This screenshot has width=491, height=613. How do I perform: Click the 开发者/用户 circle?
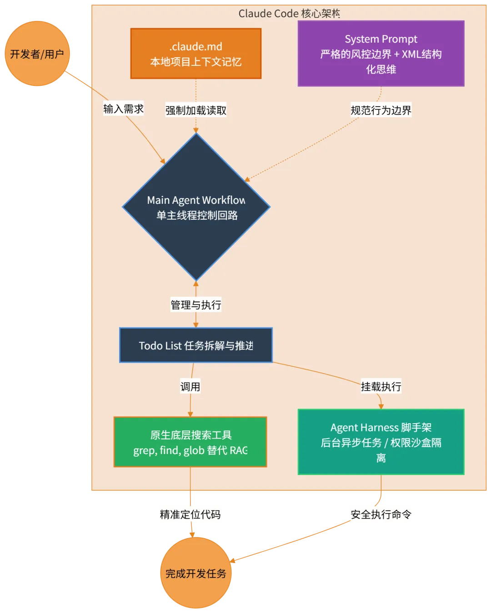tap(37, 54)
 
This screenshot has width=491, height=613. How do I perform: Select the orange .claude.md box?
tap(196, 54)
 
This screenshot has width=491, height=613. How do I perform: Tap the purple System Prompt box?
tap(381, 54)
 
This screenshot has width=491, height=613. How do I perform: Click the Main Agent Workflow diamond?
tap(196, 207)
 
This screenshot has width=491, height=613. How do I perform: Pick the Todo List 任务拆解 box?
tap(196, 345)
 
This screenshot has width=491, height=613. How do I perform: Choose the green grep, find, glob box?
tap(190, 442)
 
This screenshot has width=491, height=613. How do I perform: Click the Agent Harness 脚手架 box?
tap(381, 442)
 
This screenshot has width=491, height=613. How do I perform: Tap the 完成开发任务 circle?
tap(196, 573)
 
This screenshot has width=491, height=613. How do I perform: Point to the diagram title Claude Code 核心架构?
tap(289, 14)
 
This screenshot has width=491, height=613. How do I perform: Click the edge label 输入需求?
tap(124, 109)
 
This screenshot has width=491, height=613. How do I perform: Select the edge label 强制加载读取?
tap(196, 110)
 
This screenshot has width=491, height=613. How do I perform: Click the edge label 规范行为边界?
tap(381, 110)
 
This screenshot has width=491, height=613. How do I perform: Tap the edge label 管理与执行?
tap(196, 305)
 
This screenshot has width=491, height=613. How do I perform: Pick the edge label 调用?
tap(190, 386)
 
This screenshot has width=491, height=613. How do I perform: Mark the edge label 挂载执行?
tap(381, 386)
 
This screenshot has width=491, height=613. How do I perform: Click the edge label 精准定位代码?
tap(190, 514)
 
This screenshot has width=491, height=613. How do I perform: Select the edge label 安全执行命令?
tap(381, 514)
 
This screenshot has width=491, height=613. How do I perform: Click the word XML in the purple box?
tap(411, 54)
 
